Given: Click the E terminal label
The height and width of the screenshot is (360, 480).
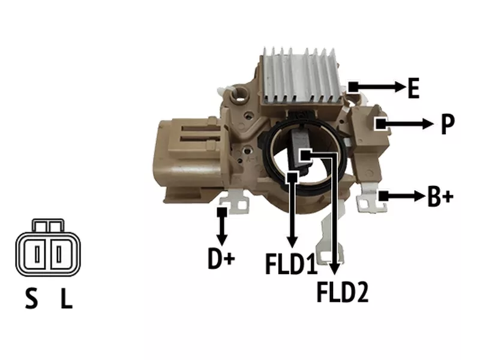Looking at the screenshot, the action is click(413, 88).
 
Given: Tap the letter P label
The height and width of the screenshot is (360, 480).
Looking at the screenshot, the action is click(448, 124).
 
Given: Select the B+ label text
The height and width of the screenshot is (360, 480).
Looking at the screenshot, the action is click(440, 197).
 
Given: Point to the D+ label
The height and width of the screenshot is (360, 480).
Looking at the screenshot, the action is click(221, 259).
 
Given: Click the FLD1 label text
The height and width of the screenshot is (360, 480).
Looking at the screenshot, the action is click(291, 263).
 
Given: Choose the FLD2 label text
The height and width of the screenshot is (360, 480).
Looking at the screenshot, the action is click(343, 292).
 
